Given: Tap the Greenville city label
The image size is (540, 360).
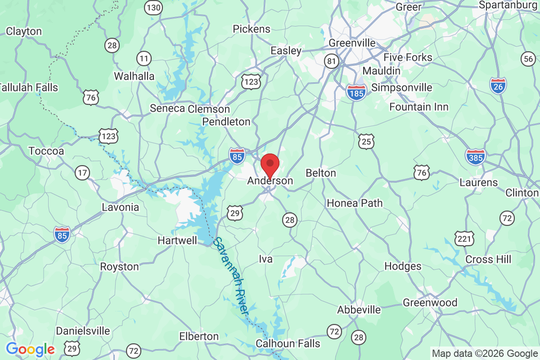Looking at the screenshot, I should pyautogui.click(x=352, y=43).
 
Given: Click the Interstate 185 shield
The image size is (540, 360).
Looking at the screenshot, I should pyautogui.click(x=356, y=92).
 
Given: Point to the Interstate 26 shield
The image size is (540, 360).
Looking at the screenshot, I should pyautogui.click(x=498, y=85).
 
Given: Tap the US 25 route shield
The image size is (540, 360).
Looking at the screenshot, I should pyautogui.click(x=366, y=141).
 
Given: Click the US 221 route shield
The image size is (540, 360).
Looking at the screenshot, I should pyautogui.click(x=463, y=238).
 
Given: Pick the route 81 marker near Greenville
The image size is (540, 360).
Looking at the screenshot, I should pyautogui.click(x=332, y=61).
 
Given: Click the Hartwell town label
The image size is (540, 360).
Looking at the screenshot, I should pyautogui.click(x=177, y=241).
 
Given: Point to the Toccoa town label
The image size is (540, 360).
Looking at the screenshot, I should pyautogui.click(x=46, y=151).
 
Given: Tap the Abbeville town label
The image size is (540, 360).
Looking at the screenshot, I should pyautogui.click(x=359, y=310).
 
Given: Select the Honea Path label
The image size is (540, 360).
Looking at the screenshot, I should pyautogui.click(x=355, y=203).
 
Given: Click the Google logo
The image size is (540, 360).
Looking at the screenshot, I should pyautogui.click(x=31, y=349).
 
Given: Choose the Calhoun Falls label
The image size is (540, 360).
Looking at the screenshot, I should pyautogui.click(x=288, y=343).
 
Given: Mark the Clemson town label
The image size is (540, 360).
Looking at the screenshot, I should pyautogui.click(x=209, y=109).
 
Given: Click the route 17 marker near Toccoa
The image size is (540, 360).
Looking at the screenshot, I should pyautogui.click(x=82, y=173).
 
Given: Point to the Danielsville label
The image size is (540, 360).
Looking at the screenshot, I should pyautogui.click(x=83, y=331).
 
